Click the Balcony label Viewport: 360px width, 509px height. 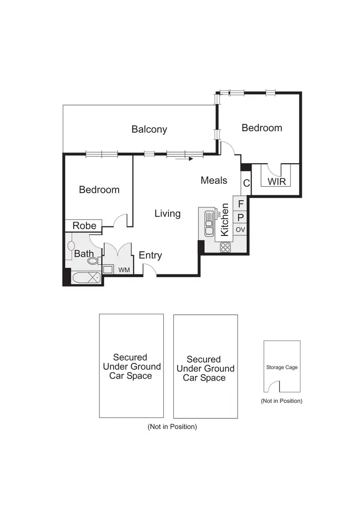tap(149, 129)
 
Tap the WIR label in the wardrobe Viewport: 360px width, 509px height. tap(276, 182)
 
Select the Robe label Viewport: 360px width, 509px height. tap(84, 225)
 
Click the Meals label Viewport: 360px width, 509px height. tap(214, 180)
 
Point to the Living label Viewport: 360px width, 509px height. tap(168, 213)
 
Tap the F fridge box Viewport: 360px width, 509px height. tap(240, 203)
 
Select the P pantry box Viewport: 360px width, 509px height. tap(240, 217)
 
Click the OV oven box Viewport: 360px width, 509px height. tap(240, 230)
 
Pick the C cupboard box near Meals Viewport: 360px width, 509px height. tap(246, 183)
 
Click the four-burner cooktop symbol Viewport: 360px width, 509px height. tap(225, 248)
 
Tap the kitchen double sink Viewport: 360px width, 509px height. tap(209, 224)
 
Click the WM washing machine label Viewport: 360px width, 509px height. tap(124, 270)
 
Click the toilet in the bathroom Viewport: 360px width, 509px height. tap(93, 260)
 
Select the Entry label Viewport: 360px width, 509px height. tap(150, 255)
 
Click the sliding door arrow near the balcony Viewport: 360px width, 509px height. tap(184, 159)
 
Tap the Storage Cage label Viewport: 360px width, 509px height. tap(282, 367)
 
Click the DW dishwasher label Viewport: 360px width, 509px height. tap(219, 214)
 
